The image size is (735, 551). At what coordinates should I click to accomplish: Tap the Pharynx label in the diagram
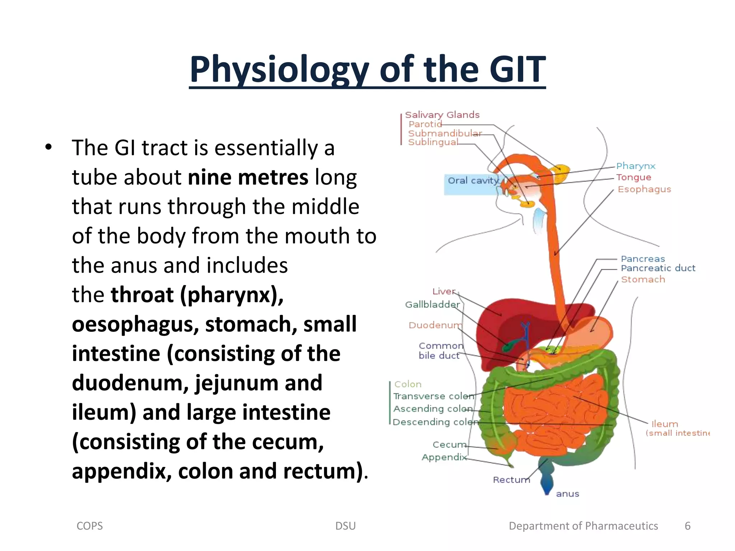coord(636,166)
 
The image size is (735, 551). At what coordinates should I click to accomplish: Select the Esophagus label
coord(644,189)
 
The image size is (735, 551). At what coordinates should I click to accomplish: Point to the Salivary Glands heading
coord(442,115)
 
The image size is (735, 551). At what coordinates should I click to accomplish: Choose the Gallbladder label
coord(432,305)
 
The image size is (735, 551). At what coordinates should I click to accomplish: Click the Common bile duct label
coord(440,350)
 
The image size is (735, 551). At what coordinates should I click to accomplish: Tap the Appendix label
coord(444,457)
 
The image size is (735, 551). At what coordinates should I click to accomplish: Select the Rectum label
coord(511,480)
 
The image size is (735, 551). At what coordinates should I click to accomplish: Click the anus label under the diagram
coord(567,494)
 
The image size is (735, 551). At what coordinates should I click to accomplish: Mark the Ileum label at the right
coord(665,424)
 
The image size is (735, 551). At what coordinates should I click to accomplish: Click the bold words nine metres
coord(248,177)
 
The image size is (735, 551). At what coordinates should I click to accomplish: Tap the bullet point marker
coord(48,147)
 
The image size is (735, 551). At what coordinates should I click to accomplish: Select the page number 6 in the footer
coord(687,526)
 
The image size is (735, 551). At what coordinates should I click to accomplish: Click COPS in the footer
coord(90,526)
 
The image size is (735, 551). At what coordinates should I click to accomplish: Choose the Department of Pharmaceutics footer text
coord(583,526)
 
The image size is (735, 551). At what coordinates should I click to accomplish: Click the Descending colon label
coord(435,422)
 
